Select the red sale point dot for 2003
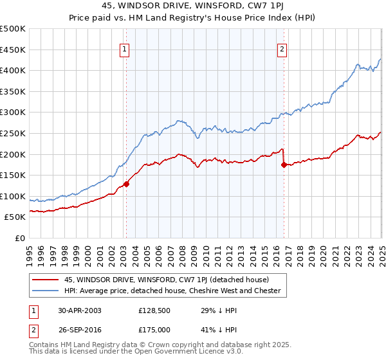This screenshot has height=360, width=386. point(127,184)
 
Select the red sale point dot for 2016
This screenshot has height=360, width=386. point(284,165)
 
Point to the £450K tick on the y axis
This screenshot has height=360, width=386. point(13,50)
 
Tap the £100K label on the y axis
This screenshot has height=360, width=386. point(13,196)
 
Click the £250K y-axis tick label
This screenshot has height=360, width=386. point(13,133)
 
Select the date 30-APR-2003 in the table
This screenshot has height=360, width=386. point(80,310)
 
